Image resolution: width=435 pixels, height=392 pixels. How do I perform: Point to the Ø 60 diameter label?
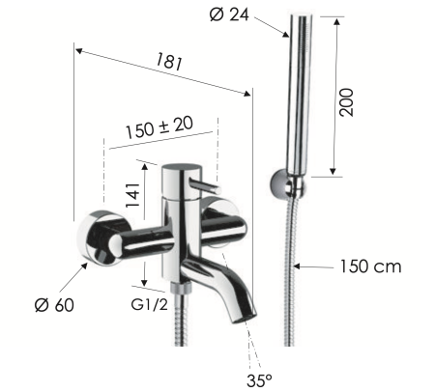tap(54, 305)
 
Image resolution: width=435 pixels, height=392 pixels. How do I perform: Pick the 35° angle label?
tap(258, 379)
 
